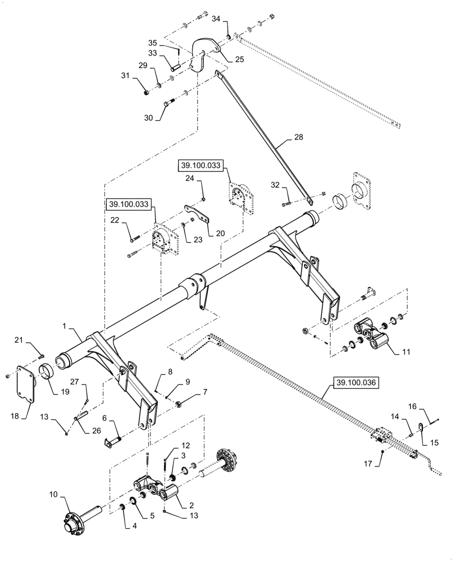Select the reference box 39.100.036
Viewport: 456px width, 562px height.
tap(357, 383)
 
